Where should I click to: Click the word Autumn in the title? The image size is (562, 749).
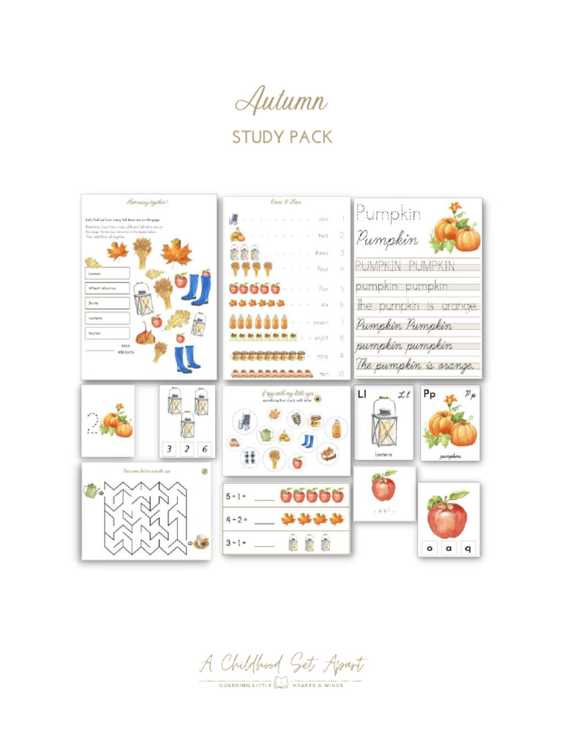click(x=281, y=101)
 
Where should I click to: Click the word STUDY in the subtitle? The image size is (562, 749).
click(x=256, y=137)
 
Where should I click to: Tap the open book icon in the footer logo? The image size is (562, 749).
click(x=281, y=683)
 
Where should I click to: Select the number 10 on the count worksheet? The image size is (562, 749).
click(x=341, y=374)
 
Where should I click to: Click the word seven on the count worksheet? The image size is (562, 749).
click(x=321, y=322)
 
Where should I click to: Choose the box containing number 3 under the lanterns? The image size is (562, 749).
click(x=170, y=448)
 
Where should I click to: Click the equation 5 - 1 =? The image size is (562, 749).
click(x=236, y=496)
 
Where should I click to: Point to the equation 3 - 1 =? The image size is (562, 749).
click(x=236, y=543)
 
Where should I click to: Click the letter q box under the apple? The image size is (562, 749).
click(x=468, y=547)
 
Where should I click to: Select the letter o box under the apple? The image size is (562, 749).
click(x=430, y=547)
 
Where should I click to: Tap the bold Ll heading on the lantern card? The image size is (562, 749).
click(x=362, y=395)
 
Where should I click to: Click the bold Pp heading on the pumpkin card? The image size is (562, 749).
click(x=430, y=394)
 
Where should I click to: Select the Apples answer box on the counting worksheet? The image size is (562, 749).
click(x=107, y=333)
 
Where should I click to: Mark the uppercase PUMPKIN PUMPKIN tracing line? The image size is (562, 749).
click(x=405, y=266)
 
